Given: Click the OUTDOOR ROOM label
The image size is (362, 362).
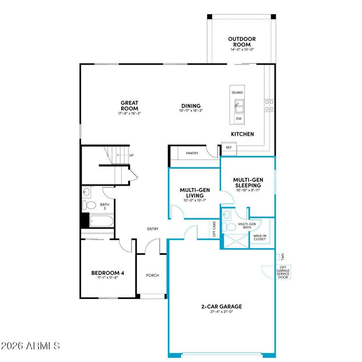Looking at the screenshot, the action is point(242,42).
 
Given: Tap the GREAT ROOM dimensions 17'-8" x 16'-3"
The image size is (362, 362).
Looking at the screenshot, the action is point(130,113).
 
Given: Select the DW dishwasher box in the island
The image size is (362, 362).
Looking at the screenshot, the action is point(239,119).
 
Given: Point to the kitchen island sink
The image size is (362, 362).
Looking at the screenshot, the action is point(239,106).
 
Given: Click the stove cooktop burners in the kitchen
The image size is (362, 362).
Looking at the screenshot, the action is point(269,105).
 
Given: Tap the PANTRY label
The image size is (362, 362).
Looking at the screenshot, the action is point(192,153).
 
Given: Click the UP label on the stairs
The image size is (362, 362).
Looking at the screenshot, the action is point(132,155).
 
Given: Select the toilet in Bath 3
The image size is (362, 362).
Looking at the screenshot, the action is point(89,205).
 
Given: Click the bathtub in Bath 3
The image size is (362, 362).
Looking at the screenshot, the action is point(101,221).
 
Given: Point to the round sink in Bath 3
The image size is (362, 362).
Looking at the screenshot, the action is point(86,192).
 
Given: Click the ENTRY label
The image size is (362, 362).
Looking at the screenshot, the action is point(153,229).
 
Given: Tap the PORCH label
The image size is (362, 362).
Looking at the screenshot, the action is point(152,275).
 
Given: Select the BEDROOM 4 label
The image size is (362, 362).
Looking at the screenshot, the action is point(107,273).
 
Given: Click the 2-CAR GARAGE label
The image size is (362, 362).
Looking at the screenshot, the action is point(222,306).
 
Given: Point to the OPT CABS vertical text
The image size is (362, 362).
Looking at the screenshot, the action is point(214,229).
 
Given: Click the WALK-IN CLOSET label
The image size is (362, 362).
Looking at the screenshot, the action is point(260,238).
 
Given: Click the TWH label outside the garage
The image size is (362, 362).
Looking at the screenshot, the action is point(283,256).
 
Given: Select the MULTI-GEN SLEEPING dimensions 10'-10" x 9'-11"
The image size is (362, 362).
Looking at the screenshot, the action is point(248,190).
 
